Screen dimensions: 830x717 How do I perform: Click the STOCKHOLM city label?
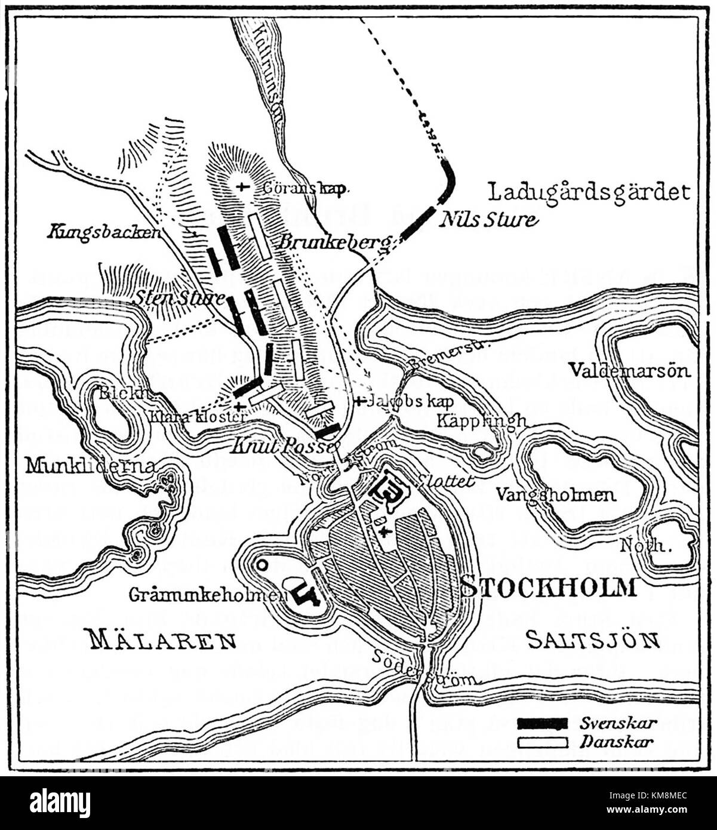click(549, 587)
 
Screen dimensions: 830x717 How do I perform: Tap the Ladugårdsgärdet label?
click(589, 192)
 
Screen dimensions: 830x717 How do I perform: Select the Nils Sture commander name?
click(488, 220)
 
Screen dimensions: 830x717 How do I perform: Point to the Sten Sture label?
click(179, 297)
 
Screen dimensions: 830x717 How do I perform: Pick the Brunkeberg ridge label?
click(334, 242)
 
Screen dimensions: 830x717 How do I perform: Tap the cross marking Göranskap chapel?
click(241, 186)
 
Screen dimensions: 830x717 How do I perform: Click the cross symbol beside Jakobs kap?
click(359, 401)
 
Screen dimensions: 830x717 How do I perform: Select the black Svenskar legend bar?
click(542, 724)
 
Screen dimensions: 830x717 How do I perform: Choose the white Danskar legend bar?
click(542, 742)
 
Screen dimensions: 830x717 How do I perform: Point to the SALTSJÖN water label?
click(593, 640)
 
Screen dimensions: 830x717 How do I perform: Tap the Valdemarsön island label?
click(629, 370)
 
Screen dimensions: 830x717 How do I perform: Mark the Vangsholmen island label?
click(556, 494)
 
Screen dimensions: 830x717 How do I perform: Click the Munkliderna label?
click(90, 465)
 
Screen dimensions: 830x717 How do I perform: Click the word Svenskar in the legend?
click(618, 723)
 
